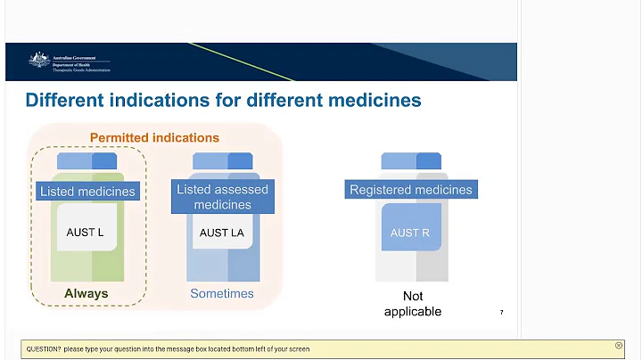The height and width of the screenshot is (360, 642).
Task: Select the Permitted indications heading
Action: (x=154, y=138)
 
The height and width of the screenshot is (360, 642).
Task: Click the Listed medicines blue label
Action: (x=87, y=191)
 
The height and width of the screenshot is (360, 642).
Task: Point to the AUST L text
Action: (x=86, y=232)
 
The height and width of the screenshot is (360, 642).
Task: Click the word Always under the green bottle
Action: (x=86, y=293)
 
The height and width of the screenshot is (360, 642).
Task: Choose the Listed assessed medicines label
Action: (x=222, y=197)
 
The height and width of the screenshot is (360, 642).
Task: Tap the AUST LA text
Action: (x=221, y=233)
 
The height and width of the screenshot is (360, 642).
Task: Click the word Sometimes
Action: (x=222, y=293)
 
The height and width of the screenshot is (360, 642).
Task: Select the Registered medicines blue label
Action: (x=411, y=190)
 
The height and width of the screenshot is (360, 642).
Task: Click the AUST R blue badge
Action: (x=411, y=233)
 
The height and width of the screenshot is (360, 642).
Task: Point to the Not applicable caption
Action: (x=412, y=303)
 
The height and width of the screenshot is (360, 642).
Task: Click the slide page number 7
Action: (x=501, y=313)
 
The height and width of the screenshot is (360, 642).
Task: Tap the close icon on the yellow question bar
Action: (x=619, y=345)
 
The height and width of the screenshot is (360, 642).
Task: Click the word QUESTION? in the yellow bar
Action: (x=43, y=348)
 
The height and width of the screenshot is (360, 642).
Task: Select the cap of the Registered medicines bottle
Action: (x=411, y=161)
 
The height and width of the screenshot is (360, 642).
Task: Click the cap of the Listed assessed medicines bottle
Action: (x=222, y=161)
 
